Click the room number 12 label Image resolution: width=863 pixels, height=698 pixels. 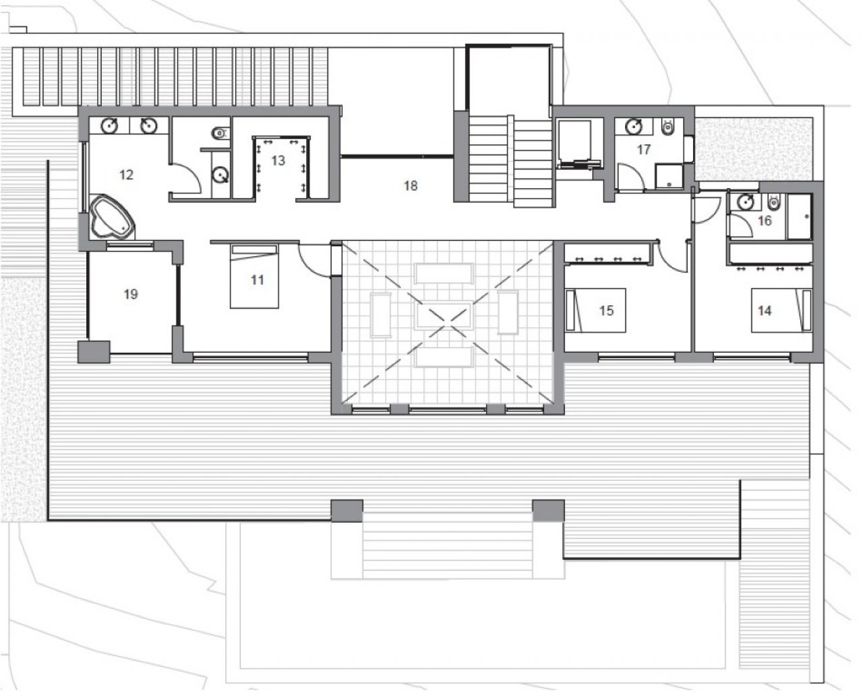click(x=126, y=175)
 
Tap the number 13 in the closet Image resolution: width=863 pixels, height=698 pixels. click(x=278, y=161)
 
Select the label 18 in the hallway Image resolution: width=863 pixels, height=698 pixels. click(x=411, y=185)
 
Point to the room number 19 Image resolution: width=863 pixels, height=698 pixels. click(x=131, y=294)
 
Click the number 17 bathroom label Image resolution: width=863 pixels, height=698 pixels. click(x=643, y=150)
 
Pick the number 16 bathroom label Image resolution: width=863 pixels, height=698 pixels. click(x=765, y=221)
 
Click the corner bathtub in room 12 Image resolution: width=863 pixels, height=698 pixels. click(x=112, y=217)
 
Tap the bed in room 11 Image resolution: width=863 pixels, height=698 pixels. click(x=254, y=277)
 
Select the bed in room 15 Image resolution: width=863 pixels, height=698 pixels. click(x=595, y=310)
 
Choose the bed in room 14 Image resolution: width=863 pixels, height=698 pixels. click(x=781, y=310)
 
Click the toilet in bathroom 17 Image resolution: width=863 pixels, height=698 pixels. click(x=667, y=127)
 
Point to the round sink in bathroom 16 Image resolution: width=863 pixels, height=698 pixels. click(x=745, y=202)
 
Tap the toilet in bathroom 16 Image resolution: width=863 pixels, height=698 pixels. click(x=773, y=201)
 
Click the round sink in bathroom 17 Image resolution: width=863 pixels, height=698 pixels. click(x=633, y=126)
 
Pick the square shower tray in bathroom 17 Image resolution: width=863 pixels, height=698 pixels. click(x=669, y=176)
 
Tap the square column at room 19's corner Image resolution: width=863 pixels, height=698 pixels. click(x=94, y=352)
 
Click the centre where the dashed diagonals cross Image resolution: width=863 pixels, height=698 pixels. click(x=448, y=323)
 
